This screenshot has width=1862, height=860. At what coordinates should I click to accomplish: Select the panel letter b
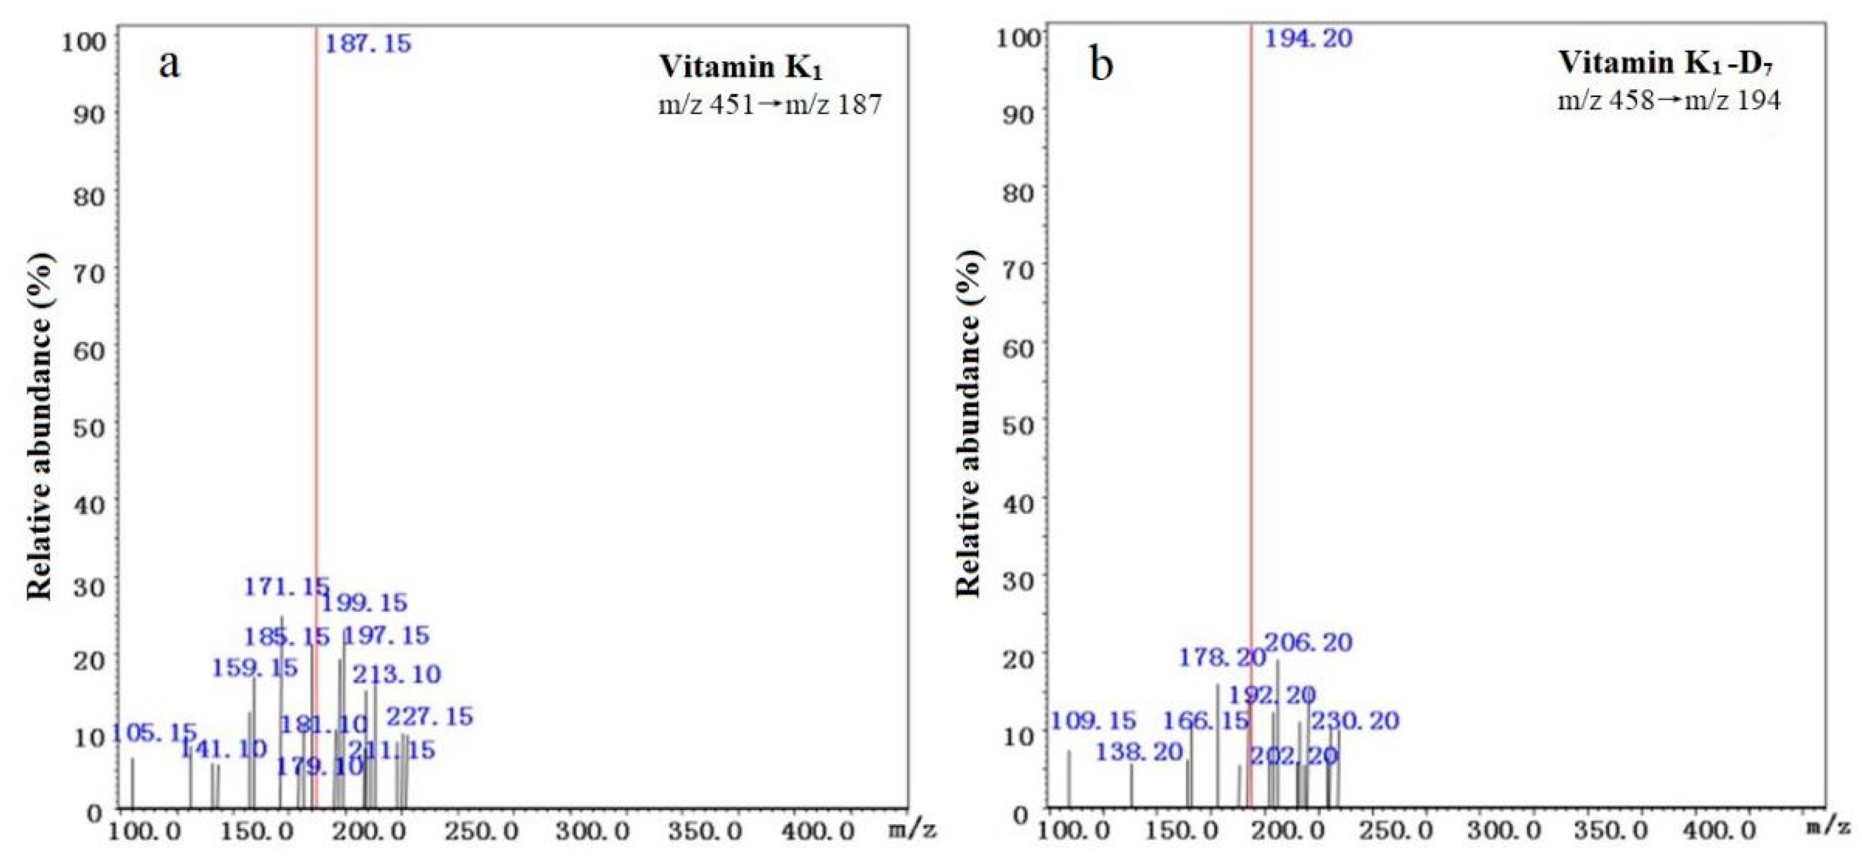click(x=1102, y=65)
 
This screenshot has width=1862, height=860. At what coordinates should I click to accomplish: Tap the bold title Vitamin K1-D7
click(x=1668, y=64)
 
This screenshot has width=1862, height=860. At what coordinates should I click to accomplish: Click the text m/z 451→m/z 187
click(x=770, y=106)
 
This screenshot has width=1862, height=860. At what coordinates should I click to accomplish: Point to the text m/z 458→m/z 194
click(x=1668, y=100)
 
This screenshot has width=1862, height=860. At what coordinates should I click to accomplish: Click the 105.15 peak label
click(x=153, y=733)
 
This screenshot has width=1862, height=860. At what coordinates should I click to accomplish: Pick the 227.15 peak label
click(x=429, y=717)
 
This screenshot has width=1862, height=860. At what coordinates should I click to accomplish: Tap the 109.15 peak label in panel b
click(x=1092, y=720)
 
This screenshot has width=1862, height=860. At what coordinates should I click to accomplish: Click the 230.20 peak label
click(x=1356, y=720)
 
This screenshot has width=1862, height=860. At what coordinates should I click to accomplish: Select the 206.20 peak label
click(x=1308, y=642)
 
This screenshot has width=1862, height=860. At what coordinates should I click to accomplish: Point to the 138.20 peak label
click(x=1139, y=752)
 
